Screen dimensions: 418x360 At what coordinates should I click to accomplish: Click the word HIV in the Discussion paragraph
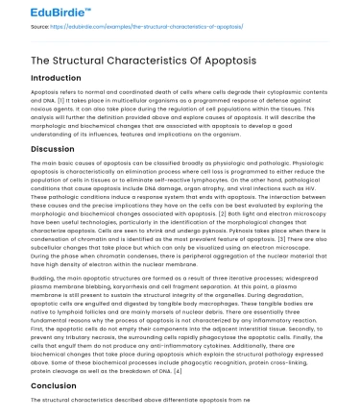point(343,188)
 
